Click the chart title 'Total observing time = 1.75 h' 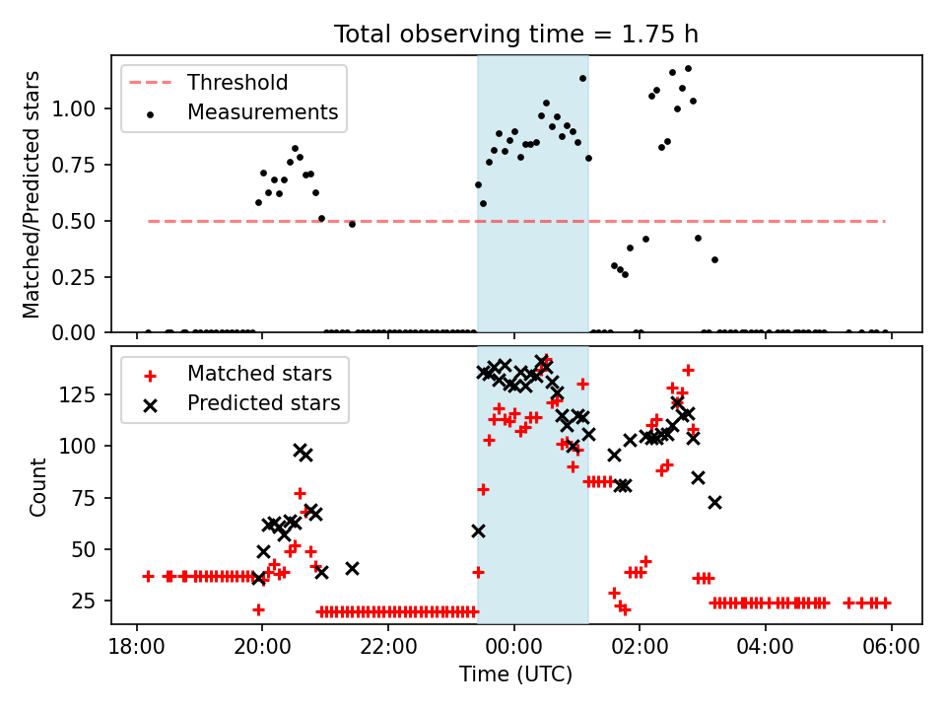pyautogui.click(x=515, y=34)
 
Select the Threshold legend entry pyautogui.click(x=208, y=82)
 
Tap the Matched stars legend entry pyautogui.click(x=237, y=374)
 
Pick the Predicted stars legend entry pyautogui.click(x=241, y=403)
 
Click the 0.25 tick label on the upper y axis pyautogui.click(x=74, y=277)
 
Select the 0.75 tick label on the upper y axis pyautogui.click(x=74, y=165)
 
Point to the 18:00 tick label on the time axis pyautogui.click(x=136, y=647)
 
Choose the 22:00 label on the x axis pyautogui.click(x=388, y=647)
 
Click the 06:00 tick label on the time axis pyautogui.click(x=892, y=647)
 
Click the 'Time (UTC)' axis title pyautogui.click(x=515, y=674)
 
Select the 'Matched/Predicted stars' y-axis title pyautogui.click(x=31, y=194)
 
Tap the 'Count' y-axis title pyautogui.click(x=37, y=486)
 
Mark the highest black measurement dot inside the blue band pyautogui.click(x=582, y=79)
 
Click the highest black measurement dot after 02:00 pyautogui.click(x=688, y=69)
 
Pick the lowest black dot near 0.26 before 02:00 pyautogui.click(x=625, y=275)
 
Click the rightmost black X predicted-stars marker pyautogui.click(x=715, y=502)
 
